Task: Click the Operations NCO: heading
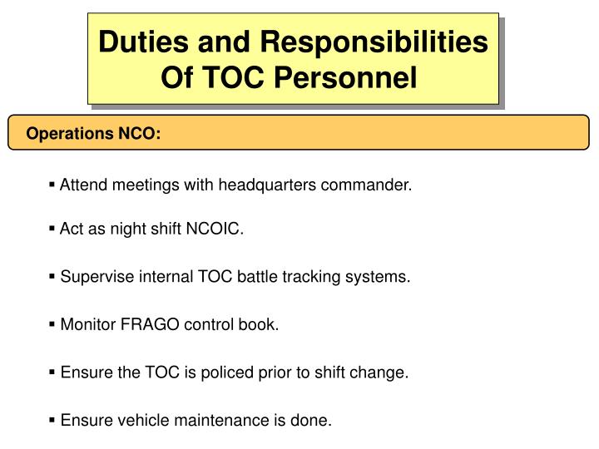[93, 133]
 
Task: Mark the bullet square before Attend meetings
[52, 185]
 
